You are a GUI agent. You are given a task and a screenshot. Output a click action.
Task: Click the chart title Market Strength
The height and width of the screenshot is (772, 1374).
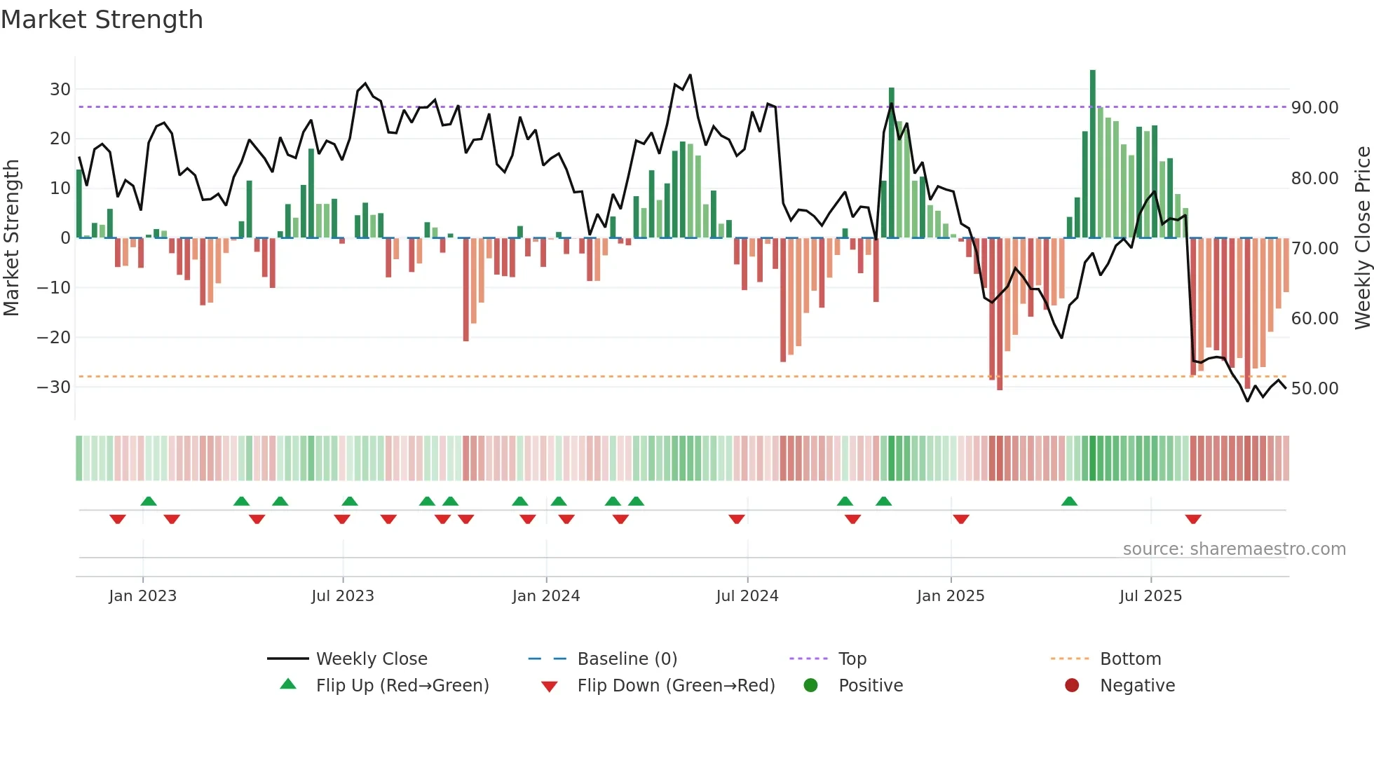[102, 20]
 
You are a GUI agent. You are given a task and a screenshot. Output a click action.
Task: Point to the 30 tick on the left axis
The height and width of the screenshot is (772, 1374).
[60, 90]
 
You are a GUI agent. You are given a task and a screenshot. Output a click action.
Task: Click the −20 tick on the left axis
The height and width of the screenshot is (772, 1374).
[55, 338]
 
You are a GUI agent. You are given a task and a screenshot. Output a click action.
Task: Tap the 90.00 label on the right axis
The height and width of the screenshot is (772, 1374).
[1314, 108]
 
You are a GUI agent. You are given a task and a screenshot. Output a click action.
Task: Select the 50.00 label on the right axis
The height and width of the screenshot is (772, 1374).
[1314, 389]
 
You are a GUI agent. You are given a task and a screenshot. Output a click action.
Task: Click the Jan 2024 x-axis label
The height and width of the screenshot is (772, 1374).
[545, 596]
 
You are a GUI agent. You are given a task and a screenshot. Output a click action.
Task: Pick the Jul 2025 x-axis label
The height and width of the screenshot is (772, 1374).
[1150, 596]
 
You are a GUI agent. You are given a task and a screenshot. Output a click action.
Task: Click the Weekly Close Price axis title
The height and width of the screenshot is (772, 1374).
[1362, 238]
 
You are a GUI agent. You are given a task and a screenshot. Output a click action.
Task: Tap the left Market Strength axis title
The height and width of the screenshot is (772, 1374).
[12, 238]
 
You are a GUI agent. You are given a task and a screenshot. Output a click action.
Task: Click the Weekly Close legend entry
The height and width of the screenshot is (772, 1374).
[371, 659]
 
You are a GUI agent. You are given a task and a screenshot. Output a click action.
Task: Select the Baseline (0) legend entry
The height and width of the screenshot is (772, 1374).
[627, 659]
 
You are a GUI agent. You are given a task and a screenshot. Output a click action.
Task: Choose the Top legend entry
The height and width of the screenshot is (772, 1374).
[852, 659]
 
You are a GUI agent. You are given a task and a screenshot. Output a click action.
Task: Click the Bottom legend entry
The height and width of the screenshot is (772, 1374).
[1130, 659]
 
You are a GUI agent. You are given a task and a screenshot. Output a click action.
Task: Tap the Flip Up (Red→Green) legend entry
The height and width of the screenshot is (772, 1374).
[402, 686]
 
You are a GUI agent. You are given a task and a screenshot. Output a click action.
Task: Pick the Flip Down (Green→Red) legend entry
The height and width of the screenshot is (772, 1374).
[676, 686]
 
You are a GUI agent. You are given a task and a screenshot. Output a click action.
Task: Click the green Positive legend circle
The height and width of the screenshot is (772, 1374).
[810, 686]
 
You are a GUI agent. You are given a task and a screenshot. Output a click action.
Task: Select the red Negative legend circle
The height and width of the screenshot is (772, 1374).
[1072, 686]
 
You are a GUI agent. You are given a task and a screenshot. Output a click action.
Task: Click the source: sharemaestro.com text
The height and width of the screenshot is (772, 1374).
[1234, 549]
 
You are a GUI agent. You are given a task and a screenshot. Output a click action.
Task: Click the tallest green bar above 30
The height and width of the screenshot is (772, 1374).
[1092, 154]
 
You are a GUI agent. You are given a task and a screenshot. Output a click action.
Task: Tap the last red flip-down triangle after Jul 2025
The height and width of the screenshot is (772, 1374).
[1193, 519]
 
